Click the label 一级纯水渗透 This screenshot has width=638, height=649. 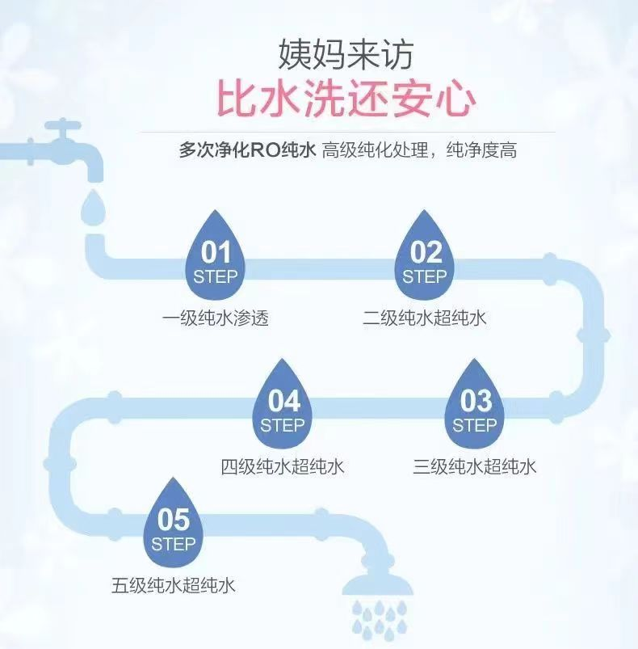pyautogui.click(x=215, y=318)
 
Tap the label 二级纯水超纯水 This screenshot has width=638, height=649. pyautogui.click(x=424, y=318)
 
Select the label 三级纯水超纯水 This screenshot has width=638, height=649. pyautogui.click(x=474, y=467)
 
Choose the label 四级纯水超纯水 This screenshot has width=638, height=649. pyautogui.click(x=282, y=467)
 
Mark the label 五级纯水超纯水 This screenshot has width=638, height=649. pyautogui.click(x=174, y=586)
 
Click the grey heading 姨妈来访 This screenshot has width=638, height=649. pyautogui.click(x=346, y=54)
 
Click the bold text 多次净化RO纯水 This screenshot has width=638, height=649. pyautogui.click(x=247, y=150)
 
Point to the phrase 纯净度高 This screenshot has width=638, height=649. pyautogui.click(x=481, y=150)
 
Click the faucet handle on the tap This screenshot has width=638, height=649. pyautogui.click(x=62, y=125)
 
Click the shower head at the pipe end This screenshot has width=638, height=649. pyautogui.click(x=377, y=584)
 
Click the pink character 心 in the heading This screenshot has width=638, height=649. pyautogui.click(x=455, y=99)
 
